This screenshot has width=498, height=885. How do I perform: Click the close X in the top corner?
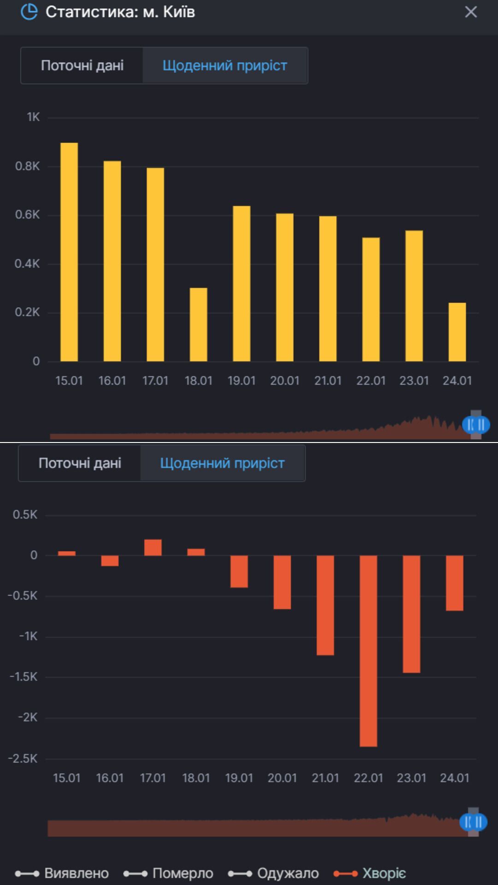click(470, 12)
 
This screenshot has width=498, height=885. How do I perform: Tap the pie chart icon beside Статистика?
click(29, 12)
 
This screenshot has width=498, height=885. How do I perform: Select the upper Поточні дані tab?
click(82, 65)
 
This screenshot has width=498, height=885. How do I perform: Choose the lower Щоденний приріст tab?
click(222, 463)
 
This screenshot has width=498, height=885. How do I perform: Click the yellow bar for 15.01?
click(69, 252)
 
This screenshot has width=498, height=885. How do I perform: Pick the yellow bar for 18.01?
click(198, 324)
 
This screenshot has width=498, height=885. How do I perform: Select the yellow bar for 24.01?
click(457, 332)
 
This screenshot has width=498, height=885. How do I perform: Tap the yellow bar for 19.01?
click(242, 283)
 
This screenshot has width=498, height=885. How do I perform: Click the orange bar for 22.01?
click(368, 651)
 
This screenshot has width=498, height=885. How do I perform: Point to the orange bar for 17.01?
click(153, 548)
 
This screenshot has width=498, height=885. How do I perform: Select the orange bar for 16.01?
click(110, 560)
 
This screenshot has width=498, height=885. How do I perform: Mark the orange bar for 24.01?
click(455, 583)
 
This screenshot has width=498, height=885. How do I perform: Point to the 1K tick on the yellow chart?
click(33, 117)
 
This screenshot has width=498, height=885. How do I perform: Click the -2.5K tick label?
click(23, 759)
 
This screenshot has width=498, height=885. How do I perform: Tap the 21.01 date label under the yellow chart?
click(328, 381)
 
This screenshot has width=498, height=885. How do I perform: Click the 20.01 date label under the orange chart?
click(282, 778)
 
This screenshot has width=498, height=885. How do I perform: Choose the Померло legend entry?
click(169, 873)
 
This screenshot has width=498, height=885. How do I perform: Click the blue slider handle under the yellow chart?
click(476, 425)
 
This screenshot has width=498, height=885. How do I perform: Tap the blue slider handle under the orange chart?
click(474, 822)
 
